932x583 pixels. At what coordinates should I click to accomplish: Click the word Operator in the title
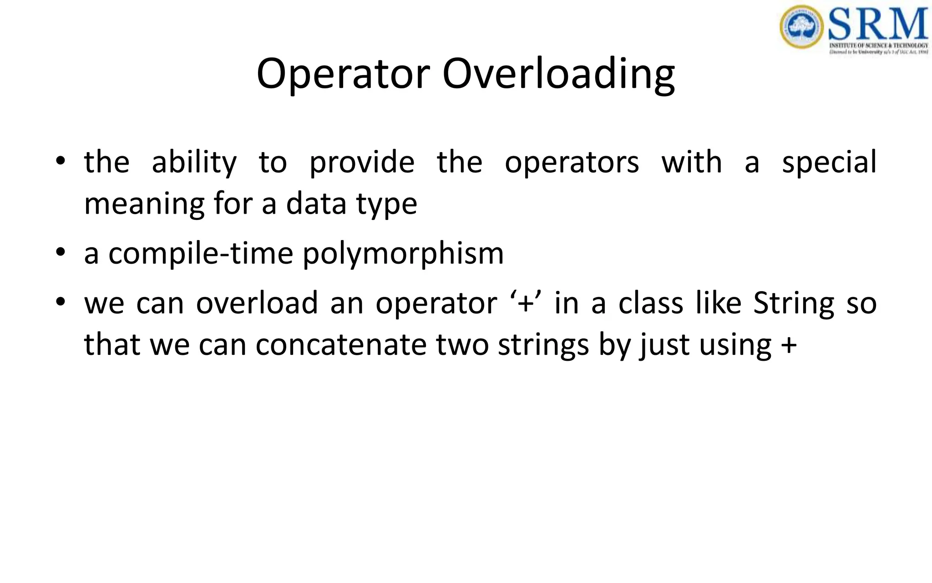(343, 74)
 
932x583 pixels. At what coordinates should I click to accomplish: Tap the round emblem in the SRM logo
(802, 26)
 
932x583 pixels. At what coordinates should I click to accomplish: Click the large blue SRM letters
(878, 24)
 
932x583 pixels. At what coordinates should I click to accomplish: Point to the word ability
(194, 163)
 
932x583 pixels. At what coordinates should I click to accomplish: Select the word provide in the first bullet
(362, 162)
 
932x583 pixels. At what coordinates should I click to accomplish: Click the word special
(829, 162)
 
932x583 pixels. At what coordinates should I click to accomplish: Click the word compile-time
(201, 254)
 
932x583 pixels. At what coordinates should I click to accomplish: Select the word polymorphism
(403, 254)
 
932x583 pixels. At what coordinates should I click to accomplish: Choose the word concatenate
(341, 345)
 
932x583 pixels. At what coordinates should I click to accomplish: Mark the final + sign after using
(789, 345)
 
